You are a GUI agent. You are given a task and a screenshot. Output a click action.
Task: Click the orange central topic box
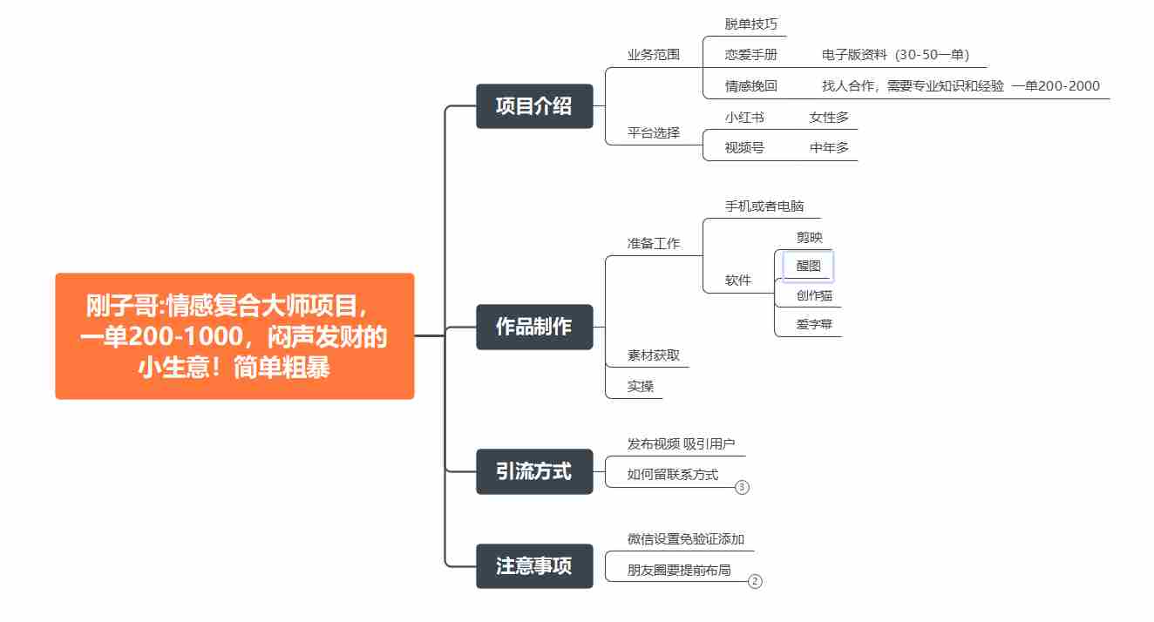click(x=234, y=335)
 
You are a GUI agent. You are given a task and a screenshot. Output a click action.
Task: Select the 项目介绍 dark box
click(x=534, y=106)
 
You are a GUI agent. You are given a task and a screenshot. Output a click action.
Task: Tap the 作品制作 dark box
click(x=534, y=327)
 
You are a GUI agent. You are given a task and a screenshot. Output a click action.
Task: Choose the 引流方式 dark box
click(x=534, y=471)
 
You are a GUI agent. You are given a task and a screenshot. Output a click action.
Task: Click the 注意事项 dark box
click(x=534, y=566)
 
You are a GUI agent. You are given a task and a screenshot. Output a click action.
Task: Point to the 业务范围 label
click(x=653, y=55)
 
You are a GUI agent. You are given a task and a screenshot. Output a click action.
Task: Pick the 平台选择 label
click(x=653, y=132)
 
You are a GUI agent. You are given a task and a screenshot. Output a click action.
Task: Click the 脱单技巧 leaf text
click(x=750, y=24)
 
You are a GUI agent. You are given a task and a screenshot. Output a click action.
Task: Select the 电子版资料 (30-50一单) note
click(x=895, y=55)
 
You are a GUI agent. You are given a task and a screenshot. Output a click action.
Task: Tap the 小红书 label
click(x=744, y=118)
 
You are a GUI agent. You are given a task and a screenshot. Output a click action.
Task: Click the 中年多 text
click(x=829, y=148)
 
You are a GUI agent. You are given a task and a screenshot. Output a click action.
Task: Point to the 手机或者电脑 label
click(x=764, y=206)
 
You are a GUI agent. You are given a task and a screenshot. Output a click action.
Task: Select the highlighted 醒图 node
click(x=808, y=266)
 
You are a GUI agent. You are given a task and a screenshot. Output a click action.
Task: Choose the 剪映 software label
click(x=810, y=237)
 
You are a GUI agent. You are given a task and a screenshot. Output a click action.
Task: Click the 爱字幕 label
click(x=814, y=324)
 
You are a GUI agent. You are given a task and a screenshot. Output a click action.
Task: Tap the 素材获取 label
click(x=653, y=355)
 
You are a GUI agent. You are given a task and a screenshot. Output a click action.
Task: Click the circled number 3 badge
click(x=742, y=487)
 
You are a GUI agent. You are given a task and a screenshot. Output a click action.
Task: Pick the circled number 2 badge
click(x=755, y=581)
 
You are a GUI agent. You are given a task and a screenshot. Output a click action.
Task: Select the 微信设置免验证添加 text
click(x=686, y=538)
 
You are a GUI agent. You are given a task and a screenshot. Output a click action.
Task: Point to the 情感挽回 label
click(x=750, y=85)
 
